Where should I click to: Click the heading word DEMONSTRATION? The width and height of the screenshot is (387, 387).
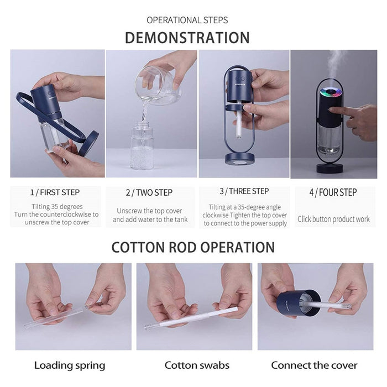coord(187,38)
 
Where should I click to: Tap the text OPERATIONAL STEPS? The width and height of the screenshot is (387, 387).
coord(187,20)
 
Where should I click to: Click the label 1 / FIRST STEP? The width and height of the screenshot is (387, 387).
coord(55,192)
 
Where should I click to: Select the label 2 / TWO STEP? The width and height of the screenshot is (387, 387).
coord(149,192)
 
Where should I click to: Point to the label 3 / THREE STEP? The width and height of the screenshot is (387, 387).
coord(244,191)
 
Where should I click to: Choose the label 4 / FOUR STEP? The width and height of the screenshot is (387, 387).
coord(333,192)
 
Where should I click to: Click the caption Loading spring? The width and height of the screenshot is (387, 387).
coord(70,365)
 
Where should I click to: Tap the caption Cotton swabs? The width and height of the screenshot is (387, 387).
coord(197,365)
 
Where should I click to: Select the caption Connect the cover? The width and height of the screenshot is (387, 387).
coord(314,365)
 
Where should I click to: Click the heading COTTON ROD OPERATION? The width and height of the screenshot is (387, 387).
coord(193,247)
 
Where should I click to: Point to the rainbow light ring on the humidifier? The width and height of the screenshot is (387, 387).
coord(331,92)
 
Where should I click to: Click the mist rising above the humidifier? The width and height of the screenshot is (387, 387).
coord(334,64)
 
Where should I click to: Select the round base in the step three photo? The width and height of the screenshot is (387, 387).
coord(239,159)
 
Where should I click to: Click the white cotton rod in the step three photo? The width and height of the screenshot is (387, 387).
coord(239,123)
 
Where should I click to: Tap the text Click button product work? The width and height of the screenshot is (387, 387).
coord(333,219)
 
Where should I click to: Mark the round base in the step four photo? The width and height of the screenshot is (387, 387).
coord(330,168)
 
